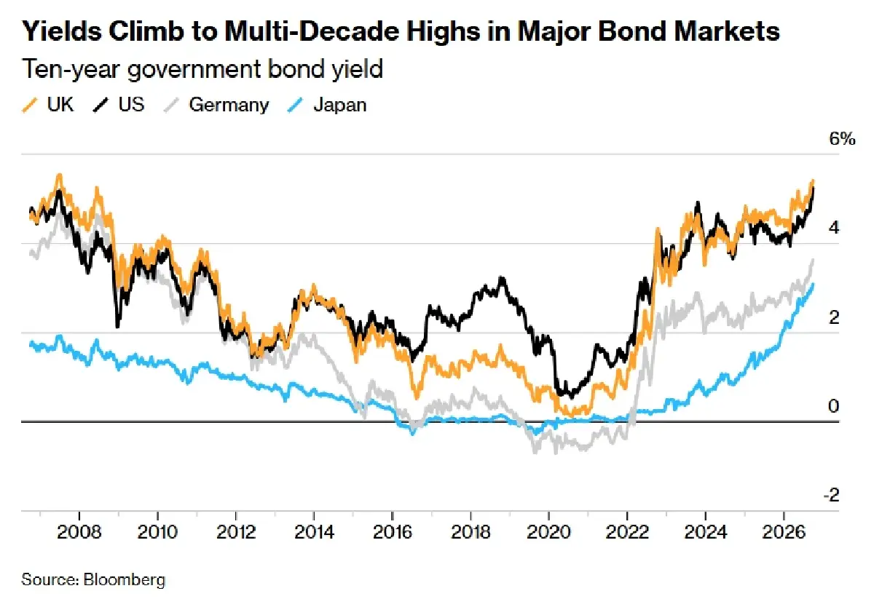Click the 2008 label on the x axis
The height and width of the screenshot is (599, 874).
point(79,532)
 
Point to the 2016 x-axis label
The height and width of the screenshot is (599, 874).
point(392,532)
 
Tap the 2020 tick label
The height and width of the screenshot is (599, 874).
point(548,532)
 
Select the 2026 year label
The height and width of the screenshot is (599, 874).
point(784,532)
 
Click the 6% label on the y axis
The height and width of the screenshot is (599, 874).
point(842,139)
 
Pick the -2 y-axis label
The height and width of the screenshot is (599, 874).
point(832,495)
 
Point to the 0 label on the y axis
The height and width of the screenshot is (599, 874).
point(833,406)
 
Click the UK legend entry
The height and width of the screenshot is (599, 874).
point(47,105)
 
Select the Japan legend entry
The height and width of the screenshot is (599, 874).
point(327,105)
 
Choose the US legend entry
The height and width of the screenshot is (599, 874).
point(119,105)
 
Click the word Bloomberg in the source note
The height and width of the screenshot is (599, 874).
point(125,579)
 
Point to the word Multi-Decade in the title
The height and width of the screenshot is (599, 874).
point(312,31)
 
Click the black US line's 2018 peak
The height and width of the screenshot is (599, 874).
point(502,277)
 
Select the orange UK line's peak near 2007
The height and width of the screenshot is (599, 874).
point(59,175)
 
